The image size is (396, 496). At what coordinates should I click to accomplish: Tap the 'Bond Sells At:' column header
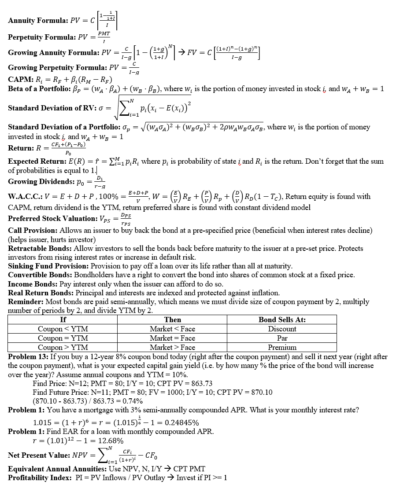tap(282, 320)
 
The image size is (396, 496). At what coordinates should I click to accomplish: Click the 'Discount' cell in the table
tap(282, 329)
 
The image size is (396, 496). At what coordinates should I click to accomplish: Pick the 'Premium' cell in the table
tap(282, 347)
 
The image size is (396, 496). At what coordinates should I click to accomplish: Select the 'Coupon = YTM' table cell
tap(63, 338)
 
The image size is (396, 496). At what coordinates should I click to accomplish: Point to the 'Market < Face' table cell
tap(172, 329)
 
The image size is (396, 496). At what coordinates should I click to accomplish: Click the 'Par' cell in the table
tap(282, 338)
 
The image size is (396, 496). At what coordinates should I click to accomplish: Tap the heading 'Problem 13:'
tap(29, 356)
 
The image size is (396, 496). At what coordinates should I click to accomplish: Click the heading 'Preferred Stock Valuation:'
tap(52, 218)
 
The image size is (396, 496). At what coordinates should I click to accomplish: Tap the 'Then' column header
tap(172, 320)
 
